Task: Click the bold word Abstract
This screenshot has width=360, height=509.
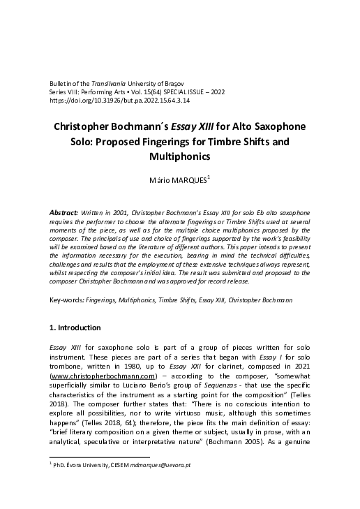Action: point(63,211)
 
